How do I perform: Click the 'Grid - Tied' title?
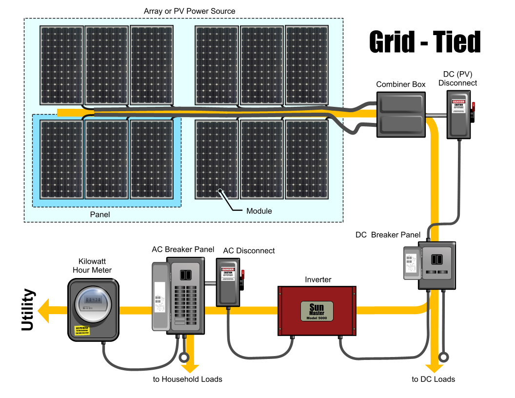pyautogui.click(x=425, y=42)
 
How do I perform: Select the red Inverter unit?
pyautogui.click(x=317, y=311)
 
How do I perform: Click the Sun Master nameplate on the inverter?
pyautogui.click(x=317, y=311)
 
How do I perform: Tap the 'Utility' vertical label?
pyautogui.click(x=29, y=310)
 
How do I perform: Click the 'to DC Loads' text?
pyautogui.click(x=433, y=379)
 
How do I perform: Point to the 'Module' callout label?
pyautogui.click(x=259, y=211)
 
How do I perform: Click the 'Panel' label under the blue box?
pyautogui.click(x=100, y=215)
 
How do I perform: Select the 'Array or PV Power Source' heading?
pyautogui.click(x=190, y=11)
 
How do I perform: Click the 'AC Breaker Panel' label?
pyautogui.click(x=183, y=249)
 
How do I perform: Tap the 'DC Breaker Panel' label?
pyautogui.click(x=388, y=235)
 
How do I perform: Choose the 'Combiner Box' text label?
pyautogui.click(x=401, y=84)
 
